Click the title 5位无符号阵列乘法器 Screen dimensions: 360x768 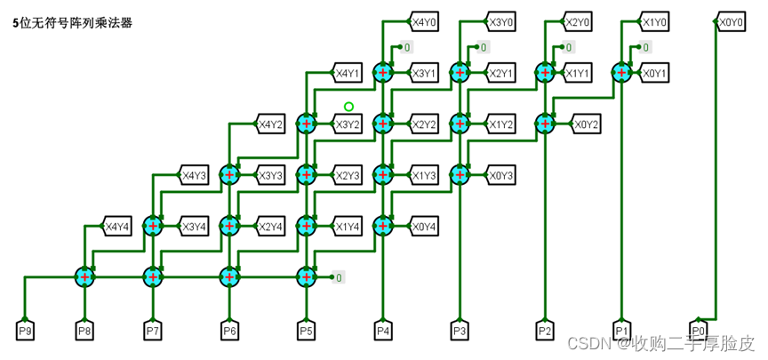point(73,23)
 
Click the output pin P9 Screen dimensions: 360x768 point(25,332)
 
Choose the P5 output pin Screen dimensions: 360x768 point(307,332)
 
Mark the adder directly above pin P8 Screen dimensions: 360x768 point(84,277)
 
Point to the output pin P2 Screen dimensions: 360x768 point(544,332)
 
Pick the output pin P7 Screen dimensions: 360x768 point(153,332)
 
